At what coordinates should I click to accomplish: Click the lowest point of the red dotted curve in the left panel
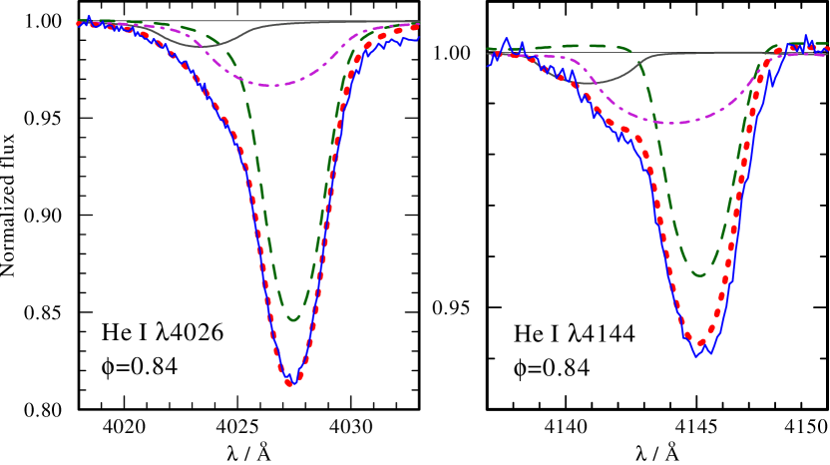pos(290,382)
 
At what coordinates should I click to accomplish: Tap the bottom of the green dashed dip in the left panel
pos(293,319)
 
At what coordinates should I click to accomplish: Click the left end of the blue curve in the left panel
pos(77,24)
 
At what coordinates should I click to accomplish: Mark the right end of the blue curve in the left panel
pos(419,37)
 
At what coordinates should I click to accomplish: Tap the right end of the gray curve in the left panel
pos(419,21)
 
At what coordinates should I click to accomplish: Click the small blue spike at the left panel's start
pos(90,16)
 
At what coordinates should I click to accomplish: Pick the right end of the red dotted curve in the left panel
pos(417,26)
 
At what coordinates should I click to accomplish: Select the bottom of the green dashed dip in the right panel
pos(699,274)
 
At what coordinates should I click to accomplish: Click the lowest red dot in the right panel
pos(701,345)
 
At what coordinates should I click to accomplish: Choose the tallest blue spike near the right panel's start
pos(507,41)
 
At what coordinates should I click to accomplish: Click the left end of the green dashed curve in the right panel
pos(488,48)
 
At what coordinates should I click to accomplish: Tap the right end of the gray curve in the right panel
pos(828,52)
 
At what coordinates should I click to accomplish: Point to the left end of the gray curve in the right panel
pos(488,55)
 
